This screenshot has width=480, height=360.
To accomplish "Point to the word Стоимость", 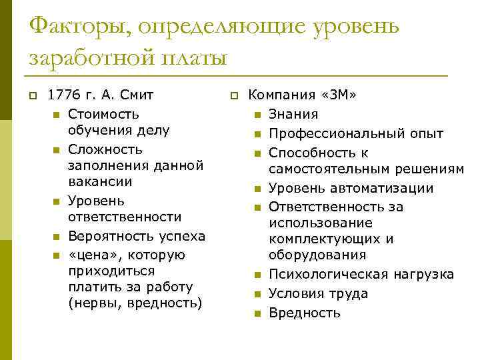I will click(x=103, y=114).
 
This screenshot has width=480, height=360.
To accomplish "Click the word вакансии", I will click(x=100, y=181).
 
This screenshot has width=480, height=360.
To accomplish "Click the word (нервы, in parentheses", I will click(x=91, y=303).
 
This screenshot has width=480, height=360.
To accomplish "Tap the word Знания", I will click(x=293, y=114).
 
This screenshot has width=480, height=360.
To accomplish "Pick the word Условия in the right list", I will click(x=295, y=293).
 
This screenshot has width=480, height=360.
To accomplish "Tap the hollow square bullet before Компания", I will click(x=234, y=96).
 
